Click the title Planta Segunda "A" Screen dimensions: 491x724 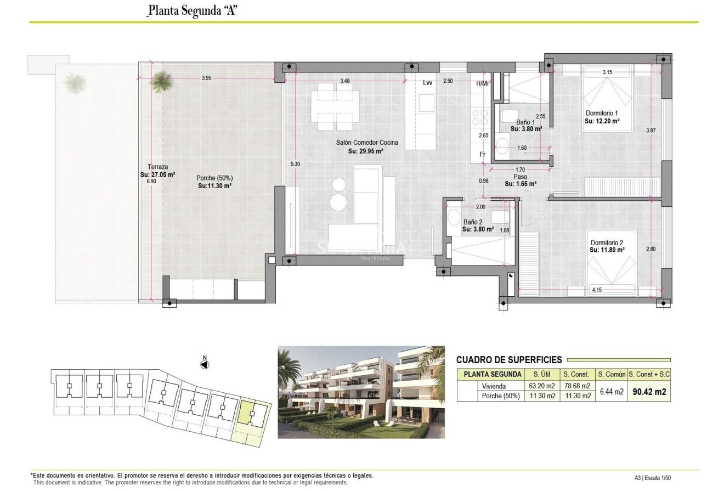pos(192,10)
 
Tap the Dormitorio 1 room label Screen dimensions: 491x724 pos(602,113)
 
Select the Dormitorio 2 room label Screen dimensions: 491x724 pos(607,242)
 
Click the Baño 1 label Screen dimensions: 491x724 pos(525,122)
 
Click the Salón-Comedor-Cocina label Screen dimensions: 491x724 pos(367,143)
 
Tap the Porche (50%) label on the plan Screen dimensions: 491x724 pos(214,178)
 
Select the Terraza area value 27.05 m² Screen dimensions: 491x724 pos(157,174)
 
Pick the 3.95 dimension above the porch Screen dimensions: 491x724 pos(206,78)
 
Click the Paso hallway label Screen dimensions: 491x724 pos(520,177)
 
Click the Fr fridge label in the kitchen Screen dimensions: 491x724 pos(483,155)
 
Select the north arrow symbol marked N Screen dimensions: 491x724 pos(205,364)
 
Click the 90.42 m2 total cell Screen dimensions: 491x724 pos(649,392)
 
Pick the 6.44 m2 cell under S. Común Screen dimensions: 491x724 pos(612,392)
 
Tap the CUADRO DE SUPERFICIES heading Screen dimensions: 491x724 pos(509,360)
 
